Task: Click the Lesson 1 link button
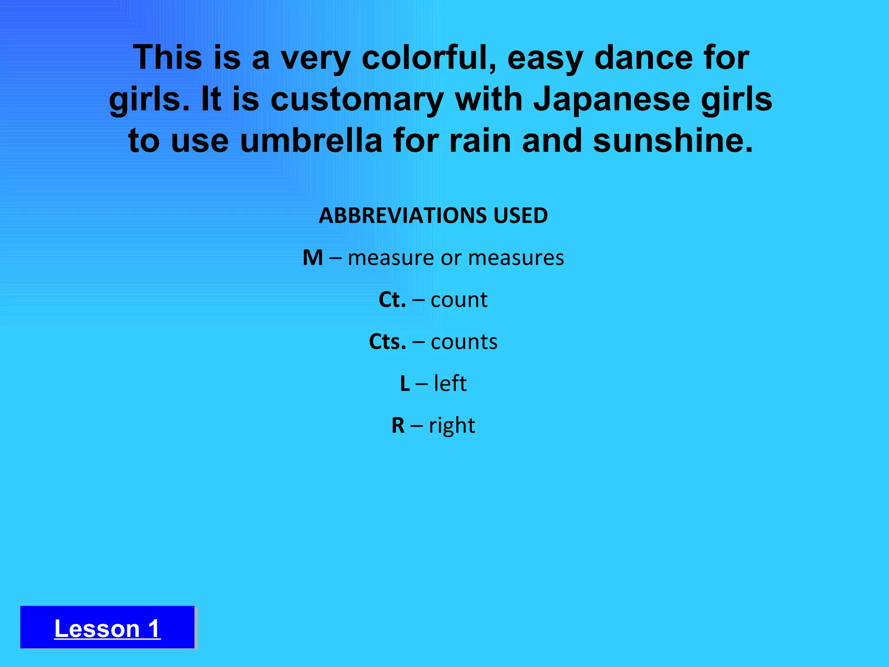[x=107, y=628]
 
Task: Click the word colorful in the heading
[x=429, y=58]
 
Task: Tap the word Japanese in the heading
[x=611, y=99]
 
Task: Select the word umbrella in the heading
[x=311, y=141]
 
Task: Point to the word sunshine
[x=672, y=141]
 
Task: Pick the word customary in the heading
[x=357, y=99]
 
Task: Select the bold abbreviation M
[x=313, y=258]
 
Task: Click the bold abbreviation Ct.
[x=392, y=300]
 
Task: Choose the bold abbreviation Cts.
[x=387, y=342]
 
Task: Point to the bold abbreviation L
[x=405, y=383]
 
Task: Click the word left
[x=450, y=383]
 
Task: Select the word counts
[x=464, y=342]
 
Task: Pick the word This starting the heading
[x=167, y=58]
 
